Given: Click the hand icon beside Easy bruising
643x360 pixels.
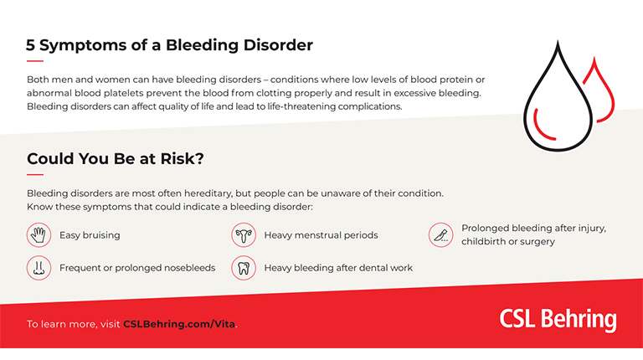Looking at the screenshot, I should click(x=39, y=235).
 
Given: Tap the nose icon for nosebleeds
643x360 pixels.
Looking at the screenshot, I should click(x=39, y=268).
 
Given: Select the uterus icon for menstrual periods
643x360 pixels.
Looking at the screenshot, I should click(x=244, y=235).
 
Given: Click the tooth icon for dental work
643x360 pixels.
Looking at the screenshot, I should click(x=244, y=268).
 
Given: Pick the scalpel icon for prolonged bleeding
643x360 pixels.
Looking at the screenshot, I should click(x=440, y=234).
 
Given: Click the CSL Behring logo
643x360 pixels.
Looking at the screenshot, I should click(x=558, y=320).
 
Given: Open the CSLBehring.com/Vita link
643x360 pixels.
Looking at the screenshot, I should click(x=179, y=324).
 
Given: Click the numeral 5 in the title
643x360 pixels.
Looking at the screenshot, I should click(x=32, y=44).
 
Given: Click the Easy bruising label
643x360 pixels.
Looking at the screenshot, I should click(x=90, y=235).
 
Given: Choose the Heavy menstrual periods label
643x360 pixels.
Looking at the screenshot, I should click(x=321, y=235).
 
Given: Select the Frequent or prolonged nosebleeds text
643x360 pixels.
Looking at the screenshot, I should click(x=137, y=268).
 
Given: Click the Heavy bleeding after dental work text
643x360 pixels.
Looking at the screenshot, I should click(x=338, y=268).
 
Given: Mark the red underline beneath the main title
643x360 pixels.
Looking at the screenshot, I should click(x=34, y=61).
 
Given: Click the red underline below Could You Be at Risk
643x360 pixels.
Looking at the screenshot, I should click(x=34, y=174).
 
